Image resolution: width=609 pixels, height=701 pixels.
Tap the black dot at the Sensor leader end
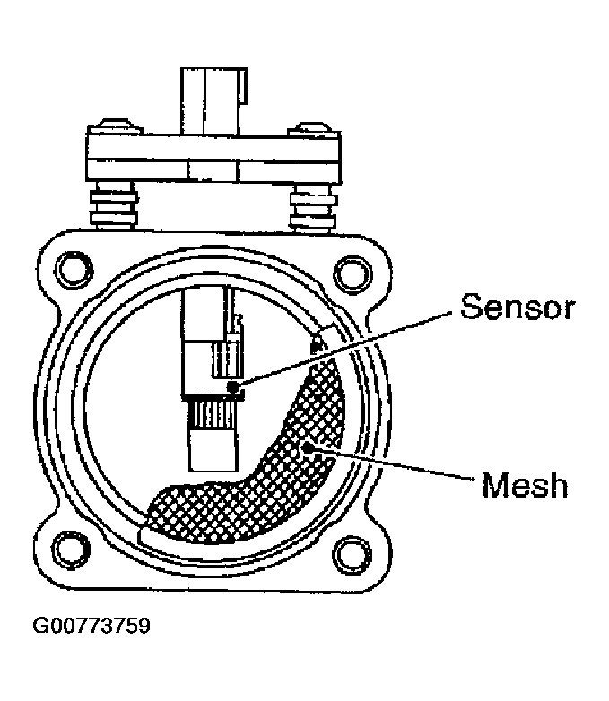(234, 386)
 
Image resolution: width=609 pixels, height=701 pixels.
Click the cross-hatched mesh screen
(269, 484)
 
